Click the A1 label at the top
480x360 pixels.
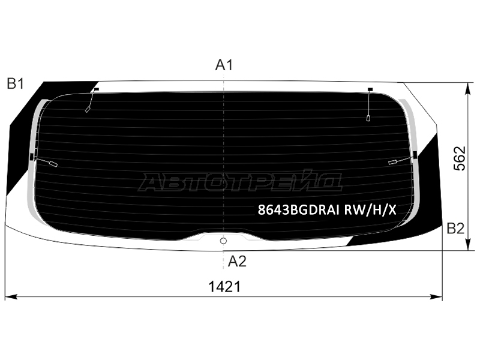coord(224,65)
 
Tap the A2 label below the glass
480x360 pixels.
coord(237,262)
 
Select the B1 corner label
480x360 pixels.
coord(16,83)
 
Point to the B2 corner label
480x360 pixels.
coord(455,229)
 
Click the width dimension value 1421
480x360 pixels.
coord(224,287)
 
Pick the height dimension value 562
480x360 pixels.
coord(460,158)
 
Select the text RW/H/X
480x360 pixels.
coord(370,210)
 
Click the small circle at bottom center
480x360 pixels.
coord(223,241)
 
